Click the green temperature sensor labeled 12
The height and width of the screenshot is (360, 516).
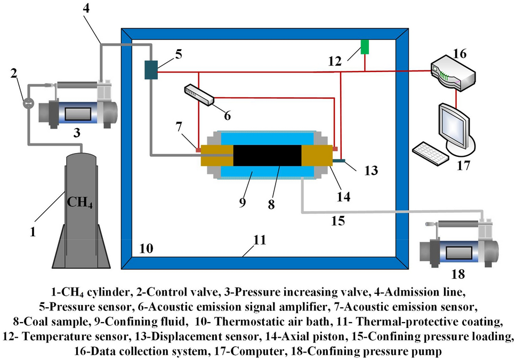click(365, 46)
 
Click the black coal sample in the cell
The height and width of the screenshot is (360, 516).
click(267, 155)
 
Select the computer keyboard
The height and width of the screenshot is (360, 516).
click(431, 153)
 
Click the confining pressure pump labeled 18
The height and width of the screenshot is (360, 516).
click(458, 245)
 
